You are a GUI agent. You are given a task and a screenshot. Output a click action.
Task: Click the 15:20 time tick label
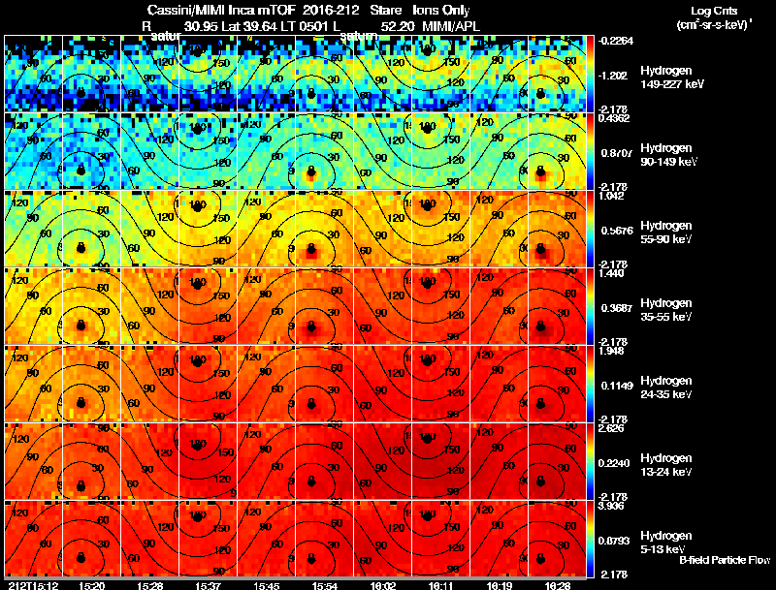tap(92, 585)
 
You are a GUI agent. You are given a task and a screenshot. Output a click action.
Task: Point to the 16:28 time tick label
tap(556, 585)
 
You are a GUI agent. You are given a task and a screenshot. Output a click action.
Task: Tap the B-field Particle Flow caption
tap(725, 560)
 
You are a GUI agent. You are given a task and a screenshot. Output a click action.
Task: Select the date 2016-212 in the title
tap(317, 10)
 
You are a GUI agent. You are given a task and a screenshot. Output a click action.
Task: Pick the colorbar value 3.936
tap(612, 506)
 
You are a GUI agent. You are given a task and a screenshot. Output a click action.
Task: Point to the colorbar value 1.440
tap(612, 273)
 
